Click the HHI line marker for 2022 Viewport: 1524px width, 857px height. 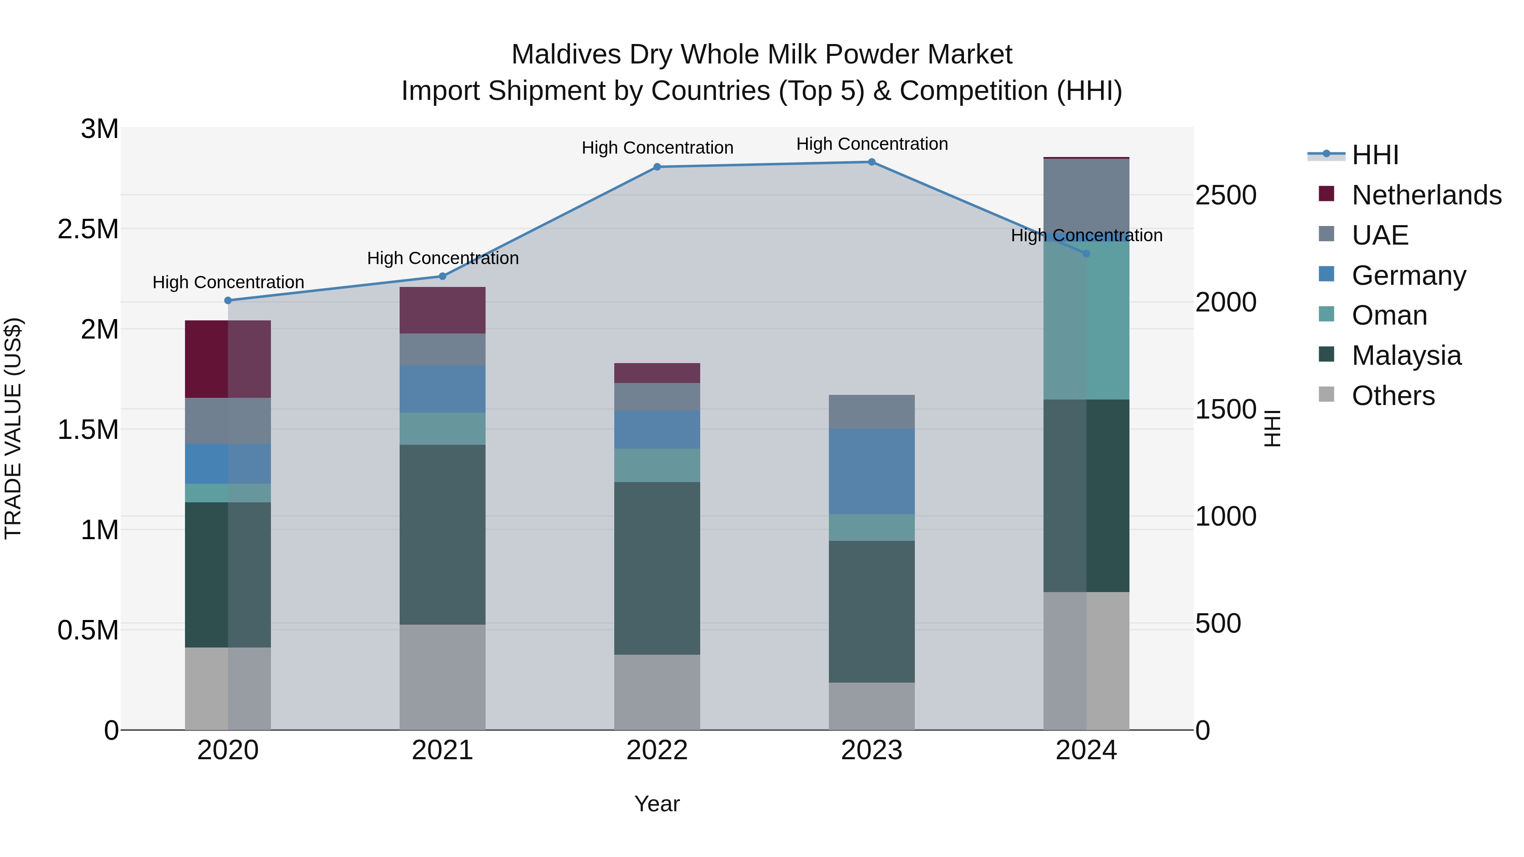[657, 167]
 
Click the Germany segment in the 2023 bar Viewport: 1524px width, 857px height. [872, 471]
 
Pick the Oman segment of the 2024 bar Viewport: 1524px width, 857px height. [1086, 320]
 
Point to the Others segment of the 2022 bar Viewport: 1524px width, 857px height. [657, 692]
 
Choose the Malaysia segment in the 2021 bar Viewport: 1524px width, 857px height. [442, 534]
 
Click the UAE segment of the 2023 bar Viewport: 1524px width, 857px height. [872, 412]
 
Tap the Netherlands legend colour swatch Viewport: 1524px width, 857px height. [1326, 194]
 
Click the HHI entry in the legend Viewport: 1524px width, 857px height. [1375, 155]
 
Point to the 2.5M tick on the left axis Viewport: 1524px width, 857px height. [89, 229]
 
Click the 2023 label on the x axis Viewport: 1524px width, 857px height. [872, 750]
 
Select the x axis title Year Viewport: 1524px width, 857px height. [657, 804]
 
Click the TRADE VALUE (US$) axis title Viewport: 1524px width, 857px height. [13, 428]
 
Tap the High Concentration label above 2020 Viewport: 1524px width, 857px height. [228, 283]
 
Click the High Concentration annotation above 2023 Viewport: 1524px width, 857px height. [872, 144]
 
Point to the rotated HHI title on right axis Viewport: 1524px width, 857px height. [1273, 428]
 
